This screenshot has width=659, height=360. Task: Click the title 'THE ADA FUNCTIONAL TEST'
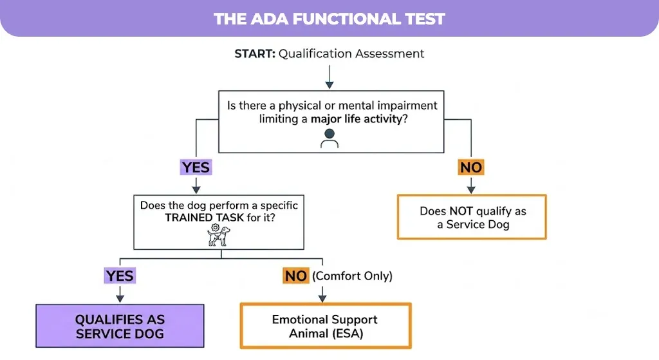click(329, 19)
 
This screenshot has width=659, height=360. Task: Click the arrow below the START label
click(329, 77)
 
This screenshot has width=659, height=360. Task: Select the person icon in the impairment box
click(329, 138)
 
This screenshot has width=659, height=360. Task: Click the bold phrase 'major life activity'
click(357, 119)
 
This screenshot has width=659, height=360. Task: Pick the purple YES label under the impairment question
click(196, 167)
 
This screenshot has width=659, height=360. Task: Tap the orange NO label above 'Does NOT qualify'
click(471, 167)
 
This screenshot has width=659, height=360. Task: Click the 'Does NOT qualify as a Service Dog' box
click(472, 217)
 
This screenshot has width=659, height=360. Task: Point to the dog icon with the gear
click(219, 234)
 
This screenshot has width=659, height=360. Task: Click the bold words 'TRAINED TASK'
click(204, 218)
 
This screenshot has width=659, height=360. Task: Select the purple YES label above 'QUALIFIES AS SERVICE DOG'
click(120, 276)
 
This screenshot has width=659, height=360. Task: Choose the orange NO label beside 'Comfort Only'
click(296, 276)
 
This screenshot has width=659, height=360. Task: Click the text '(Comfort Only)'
click(352, 276)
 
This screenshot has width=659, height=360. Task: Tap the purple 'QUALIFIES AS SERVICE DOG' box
click(120, 326)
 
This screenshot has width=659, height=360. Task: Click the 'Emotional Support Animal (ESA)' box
click(326, 326)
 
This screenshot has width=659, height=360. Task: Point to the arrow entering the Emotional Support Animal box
click(322, 294)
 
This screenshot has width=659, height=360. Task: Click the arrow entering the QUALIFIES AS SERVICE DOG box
click(120, 294)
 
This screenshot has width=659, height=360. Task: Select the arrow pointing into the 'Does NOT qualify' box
click(471, 185)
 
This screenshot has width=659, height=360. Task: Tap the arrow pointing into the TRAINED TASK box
click(196, 185)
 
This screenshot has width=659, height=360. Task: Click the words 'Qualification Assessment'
click(351, 54)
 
